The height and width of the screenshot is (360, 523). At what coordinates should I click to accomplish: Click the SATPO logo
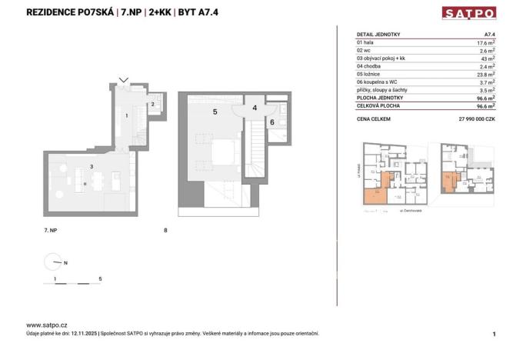tap(468, 12)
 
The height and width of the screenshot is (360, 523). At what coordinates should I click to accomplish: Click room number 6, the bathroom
tap(271, 122)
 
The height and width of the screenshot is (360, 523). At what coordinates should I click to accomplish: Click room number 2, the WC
tap(153, 104)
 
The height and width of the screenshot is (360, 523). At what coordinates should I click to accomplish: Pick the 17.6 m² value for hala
tap(485, 42)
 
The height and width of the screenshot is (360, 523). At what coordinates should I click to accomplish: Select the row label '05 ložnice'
tap(371, 75)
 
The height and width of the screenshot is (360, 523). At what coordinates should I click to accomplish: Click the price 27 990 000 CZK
tap(471, 119)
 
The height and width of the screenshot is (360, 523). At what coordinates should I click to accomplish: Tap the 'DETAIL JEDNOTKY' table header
tap(379, 34)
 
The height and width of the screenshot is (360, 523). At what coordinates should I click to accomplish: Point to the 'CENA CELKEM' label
tap(374, 119)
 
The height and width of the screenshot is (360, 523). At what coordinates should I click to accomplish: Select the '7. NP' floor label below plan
tap(51, 230)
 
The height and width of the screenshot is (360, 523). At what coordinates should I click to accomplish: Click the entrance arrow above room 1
tap(125, 79)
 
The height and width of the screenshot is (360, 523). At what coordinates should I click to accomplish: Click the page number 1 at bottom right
tap(494, 334)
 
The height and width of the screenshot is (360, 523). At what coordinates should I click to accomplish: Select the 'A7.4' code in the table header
tap(488, 34)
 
